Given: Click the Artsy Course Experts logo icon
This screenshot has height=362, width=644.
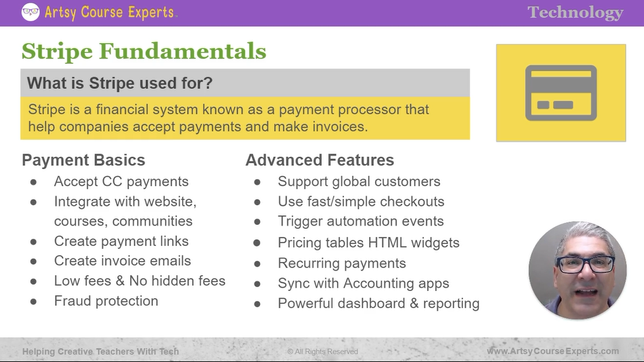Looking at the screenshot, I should pos(30,12).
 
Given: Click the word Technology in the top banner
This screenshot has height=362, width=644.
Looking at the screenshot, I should pos(575,13).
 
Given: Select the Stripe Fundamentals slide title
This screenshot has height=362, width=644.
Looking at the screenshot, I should pos(144,51).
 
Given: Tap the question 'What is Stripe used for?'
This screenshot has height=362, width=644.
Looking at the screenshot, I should pos(119,83).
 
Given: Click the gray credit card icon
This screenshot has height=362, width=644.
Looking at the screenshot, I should pos(561,93).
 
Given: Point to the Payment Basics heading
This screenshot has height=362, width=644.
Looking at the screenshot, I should pos(83,160).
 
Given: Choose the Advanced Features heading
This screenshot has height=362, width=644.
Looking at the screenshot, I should pos(320,160).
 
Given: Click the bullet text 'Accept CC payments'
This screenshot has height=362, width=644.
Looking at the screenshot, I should pos(121,182).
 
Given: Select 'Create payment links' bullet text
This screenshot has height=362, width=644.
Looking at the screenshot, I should pos(121,241).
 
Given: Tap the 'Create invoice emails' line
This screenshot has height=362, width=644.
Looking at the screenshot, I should pos(122,261).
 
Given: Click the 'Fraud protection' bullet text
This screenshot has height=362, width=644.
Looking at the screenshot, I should pos(106,301).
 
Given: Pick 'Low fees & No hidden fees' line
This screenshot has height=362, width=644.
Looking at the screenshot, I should pos(140,281).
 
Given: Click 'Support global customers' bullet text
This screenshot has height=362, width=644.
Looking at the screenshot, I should pos(358,182).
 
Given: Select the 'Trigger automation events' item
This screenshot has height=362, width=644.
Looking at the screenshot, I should pos(360,222).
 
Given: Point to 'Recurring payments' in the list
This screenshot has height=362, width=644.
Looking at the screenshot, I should pos(341,264).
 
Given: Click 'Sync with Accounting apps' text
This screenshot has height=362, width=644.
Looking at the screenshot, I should pos(363,284).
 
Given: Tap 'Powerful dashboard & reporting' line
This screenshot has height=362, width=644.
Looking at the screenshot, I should pos(378,304).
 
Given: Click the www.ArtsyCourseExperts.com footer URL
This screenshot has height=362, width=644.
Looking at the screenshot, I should pos(553,351).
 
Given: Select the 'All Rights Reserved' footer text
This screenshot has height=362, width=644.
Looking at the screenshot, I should pos(322,352).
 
